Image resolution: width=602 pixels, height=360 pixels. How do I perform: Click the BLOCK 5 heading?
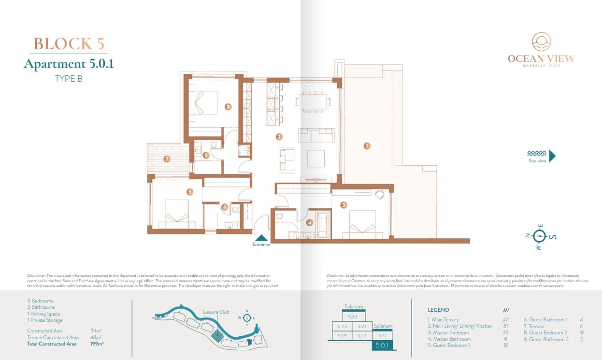click(69, 43)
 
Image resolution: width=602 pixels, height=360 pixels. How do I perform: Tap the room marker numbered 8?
click(228, 106)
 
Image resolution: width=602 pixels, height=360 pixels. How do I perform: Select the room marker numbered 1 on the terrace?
click(367, 145)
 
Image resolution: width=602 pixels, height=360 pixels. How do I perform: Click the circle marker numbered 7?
click(167, 158)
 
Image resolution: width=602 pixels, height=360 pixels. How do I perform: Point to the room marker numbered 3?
click(344, 205)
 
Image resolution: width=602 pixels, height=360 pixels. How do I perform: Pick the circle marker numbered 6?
click(225, 207)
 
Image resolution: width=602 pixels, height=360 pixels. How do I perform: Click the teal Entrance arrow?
click(261, 237)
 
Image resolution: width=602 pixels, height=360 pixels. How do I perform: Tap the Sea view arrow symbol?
click(552, 156)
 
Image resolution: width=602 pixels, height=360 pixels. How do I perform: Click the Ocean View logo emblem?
click(541, 42)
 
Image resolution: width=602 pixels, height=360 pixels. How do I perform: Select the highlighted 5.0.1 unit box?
click(382, 345)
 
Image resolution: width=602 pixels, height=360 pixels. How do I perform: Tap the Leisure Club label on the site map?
click(216, 312)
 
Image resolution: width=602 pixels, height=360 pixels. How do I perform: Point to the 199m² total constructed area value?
click(97, 344)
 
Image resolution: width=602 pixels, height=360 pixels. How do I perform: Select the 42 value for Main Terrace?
click(505, 320)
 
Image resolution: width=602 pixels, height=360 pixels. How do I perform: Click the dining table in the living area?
click(314, 101)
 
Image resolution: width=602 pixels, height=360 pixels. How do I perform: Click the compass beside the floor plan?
click(540, 236)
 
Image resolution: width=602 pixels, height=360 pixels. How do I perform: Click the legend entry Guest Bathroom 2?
click(546, 339)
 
